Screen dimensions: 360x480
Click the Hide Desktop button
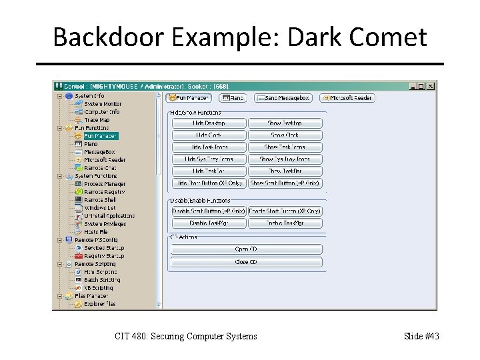209,123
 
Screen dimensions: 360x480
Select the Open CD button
246,249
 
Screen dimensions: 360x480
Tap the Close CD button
246,262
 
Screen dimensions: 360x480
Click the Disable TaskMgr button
209,223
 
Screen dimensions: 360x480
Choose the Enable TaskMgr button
285,223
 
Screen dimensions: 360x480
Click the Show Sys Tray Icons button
285,159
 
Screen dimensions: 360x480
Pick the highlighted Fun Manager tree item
100,136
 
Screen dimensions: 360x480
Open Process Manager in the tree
105,184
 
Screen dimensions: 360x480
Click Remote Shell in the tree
100,200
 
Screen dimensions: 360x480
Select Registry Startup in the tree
104,256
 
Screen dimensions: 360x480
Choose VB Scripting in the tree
99,288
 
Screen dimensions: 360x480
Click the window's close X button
431,86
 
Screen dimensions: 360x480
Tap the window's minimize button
413,86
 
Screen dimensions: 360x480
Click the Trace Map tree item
97,120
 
